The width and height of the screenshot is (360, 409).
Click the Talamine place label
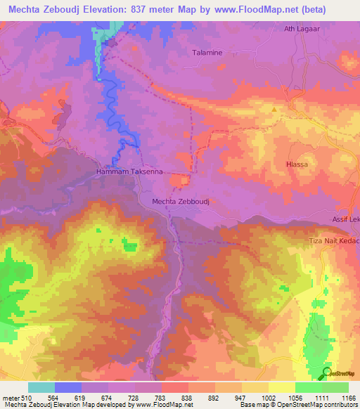[208, 53]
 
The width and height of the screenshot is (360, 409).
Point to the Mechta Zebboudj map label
[182, 202]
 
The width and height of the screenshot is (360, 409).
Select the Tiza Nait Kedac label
[334, 241]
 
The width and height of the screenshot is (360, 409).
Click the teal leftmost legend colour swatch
[41, 387]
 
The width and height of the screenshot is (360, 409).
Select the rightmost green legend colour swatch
[335, 387]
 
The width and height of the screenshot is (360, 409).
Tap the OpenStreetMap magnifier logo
[327, 373]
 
